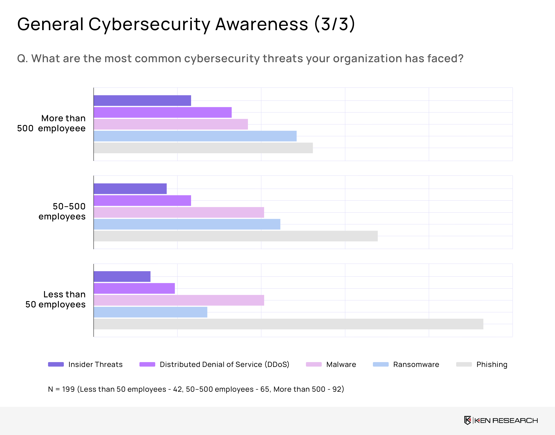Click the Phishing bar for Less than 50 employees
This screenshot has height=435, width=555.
click(288, 324)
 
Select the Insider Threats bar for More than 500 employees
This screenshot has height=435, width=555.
click(142, 101)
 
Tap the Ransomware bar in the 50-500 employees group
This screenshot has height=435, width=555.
click(187, 224)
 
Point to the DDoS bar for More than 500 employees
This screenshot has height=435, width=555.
click(163, 112)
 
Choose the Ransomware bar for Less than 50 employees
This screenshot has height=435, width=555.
click(151, 312)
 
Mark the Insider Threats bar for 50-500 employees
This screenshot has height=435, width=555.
click(130, 189)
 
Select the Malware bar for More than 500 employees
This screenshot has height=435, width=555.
click(171, 124)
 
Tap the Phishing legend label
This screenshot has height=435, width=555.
click(492, 365)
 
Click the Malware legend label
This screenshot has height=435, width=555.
click(341, 365)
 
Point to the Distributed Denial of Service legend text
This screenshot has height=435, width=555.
click(224, 365)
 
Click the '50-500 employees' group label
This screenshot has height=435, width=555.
click(62, 211)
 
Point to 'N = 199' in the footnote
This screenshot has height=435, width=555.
click(61, 389)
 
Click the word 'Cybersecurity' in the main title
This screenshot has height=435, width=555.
click(149, 24)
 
